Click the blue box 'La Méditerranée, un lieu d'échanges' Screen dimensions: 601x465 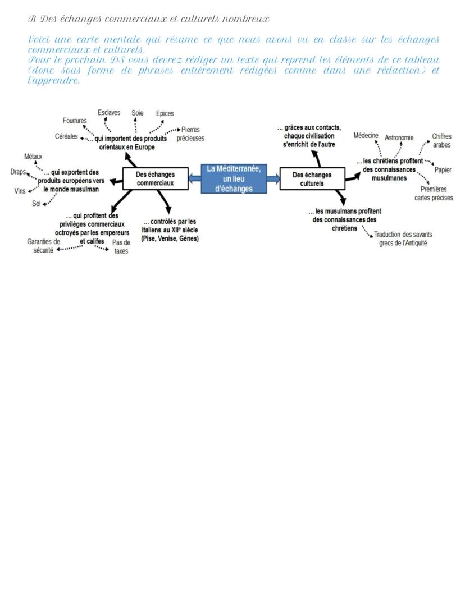pos(234,178)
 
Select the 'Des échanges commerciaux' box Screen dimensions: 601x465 pos(155,178)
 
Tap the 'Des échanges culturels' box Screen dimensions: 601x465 pos(312,178)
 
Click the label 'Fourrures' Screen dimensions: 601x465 pos(75,121)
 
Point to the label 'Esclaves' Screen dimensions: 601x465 pos(109,113)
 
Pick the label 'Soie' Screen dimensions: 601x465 pos(138,113)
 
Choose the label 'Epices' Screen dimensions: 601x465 pos(165,113)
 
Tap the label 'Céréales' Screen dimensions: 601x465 pos(66,136)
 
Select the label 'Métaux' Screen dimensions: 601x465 pos(33,156)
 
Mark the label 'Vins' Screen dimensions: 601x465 pos(20,191)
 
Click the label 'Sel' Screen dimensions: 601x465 pos(37,203)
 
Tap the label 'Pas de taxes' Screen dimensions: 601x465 pos(121,247)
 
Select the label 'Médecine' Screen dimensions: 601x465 pos(366,136)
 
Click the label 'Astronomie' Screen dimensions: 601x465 pos(399,137)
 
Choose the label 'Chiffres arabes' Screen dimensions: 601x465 pos(441,140)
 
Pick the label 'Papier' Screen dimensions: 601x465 pos(443,170)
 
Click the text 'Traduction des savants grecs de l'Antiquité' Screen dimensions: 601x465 pos(403,238)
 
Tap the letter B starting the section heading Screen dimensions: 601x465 pos(31,19)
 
